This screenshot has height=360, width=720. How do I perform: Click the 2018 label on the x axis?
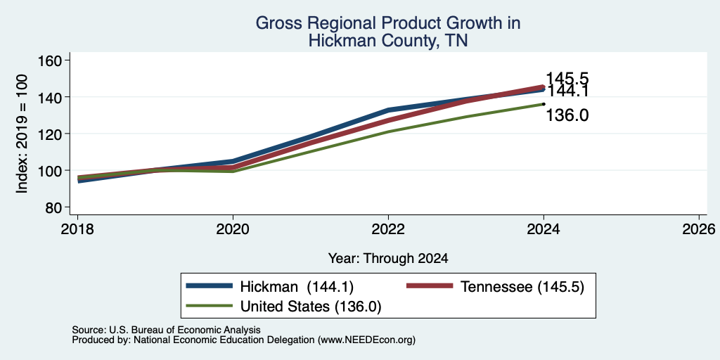coord(77,229)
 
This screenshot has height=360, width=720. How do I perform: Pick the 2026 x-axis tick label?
coord(699,229)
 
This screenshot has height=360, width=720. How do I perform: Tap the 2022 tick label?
coord(388,229)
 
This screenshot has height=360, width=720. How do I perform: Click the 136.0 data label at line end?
coord(567,115)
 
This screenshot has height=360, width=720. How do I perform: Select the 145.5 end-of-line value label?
coord(567,79)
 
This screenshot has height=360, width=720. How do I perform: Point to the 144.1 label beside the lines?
coord(567,91)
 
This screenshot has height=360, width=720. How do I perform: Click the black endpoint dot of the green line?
coord(544,104)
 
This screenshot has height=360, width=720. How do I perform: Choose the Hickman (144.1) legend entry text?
coord(297,287)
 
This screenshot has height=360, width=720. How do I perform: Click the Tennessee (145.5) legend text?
coord(522,287)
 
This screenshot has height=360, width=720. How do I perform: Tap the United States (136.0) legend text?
coord(311,307)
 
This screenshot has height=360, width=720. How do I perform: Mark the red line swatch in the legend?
coord(430,286)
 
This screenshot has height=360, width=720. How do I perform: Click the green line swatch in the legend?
coord(209,305)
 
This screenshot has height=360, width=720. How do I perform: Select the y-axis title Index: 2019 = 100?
coord(22,134)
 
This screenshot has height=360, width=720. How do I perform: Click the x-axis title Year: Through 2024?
coord(388,259)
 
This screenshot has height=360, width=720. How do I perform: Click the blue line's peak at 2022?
coord(388,110)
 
